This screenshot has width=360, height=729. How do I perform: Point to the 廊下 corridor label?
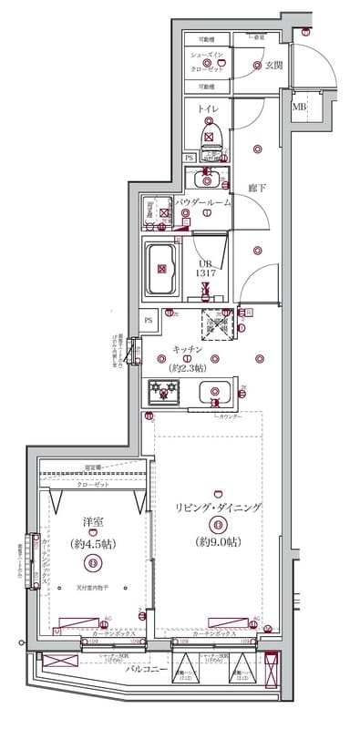pos(256,188)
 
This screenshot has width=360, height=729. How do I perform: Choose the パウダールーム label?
pos(203,201)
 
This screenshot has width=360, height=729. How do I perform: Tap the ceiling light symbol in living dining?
pos(217,524)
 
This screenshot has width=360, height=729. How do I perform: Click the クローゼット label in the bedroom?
pos(91,486)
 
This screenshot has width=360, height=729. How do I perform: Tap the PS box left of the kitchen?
pos(149,319)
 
